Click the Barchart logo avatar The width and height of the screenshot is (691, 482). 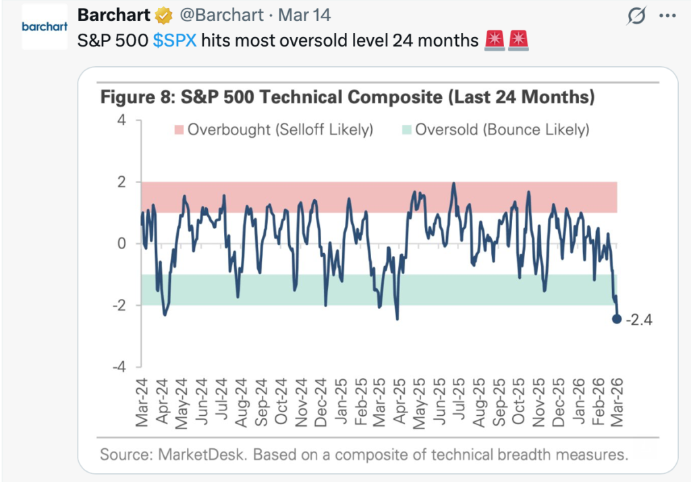tap(45, 27)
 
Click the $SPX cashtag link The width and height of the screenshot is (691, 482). tap(175, 41)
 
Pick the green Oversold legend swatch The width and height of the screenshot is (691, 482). tap(406, 129)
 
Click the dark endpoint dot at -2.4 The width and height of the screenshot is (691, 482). tap(617, 319)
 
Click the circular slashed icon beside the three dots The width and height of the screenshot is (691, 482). tap(636, 16)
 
